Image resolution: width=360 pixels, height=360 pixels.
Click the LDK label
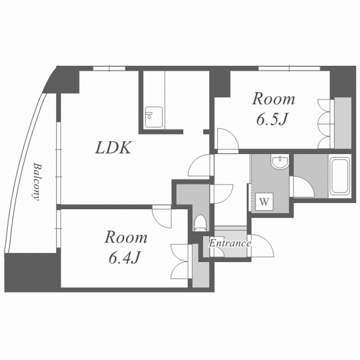click(x=114, y=147)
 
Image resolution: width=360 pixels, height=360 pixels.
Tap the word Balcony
click(x=36, y=182)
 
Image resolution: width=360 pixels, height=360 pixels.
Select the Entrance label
click(x=230, y=243)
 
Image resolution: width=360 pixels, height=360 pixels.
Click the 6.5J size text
click(x=272, y=119)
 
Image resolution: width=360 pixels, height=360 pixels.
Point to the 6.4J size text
click(x=124, y=258)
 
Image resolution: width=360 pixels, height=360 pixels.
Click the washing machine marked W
click(x=264, y=201)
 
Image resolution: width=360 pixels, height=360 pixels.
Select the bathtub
click(x=340, y=176)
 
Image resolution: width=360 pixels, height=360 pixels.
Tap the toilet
click(x=200, y=223)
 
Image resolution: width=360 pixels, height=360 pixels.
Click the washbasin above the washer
click(x=280, y=161)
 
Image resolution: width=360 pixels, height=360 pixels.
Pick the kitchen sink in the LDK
click(x=154, y=117)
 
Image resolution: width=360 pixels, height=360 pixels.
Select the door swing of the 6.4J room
click(x=162, y=217)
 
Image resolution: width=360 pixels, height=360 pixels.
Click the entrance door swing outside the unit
click(x=262, y=245)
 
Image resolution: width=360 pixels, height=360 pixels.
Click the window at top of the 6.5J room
click(x=289, y=68)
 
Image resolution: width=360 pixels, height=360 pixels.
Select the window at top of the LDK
click(x=109, y=68)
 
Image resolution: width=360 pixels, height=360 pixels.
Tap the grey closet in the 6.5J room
click(x=343, y=123)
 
